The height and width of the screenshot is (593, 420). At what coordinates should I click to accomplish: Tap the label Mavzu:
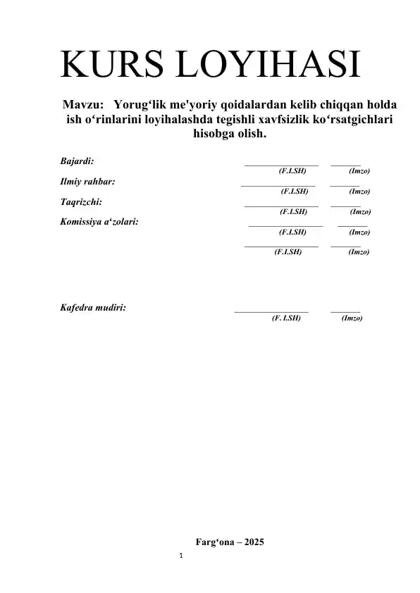86,104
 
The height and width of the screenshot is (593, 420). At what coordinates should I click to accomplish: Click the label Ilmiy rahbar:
89,181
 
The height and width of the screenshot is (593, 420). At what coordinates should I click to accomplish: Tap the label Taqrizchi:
81,201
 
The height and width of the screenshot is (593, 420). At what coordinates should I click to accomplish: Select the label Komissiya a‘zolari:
99,221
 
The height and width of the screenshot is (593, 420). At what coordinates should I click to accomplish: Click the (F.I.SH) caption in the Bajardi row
292,171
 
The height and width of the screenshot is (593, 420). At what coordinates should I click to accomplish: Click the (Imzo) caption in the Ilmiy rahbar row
360,191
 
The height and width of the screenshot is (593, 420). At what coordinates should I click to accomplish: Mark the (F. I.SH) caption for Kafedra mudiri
286,318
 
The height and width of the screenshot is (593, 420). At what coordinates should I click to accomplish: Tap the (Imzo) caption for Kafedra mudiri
352,318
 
